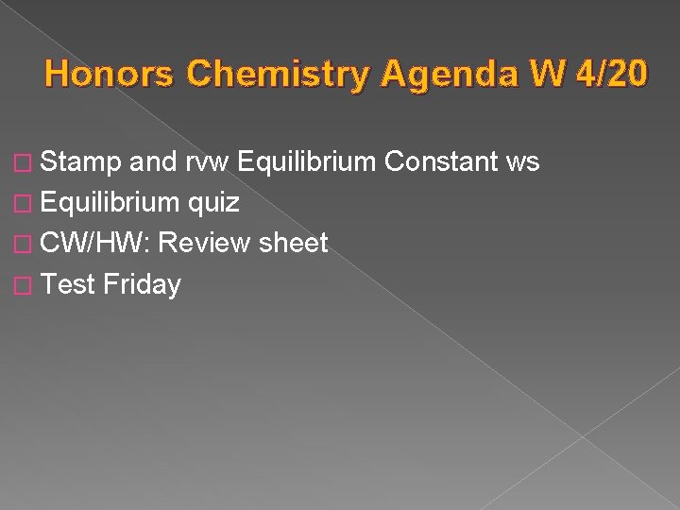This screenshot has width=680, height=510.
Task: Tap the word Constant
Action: coord(441,162)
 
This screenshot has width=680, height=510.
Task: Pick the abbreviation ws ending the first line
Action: coord(522,162)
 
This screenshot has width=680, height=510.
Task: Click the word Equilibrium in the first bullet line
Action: coord(308,162)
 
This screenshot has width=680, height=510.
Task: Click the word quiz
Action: coord(213,203)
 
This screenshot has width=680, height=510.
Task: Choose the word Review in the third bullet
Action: coord(205,244)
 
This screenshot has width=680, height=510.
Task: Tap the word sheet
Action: coord(293,244)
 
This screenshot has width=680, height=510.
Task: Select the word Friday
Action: coord(143,284)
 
